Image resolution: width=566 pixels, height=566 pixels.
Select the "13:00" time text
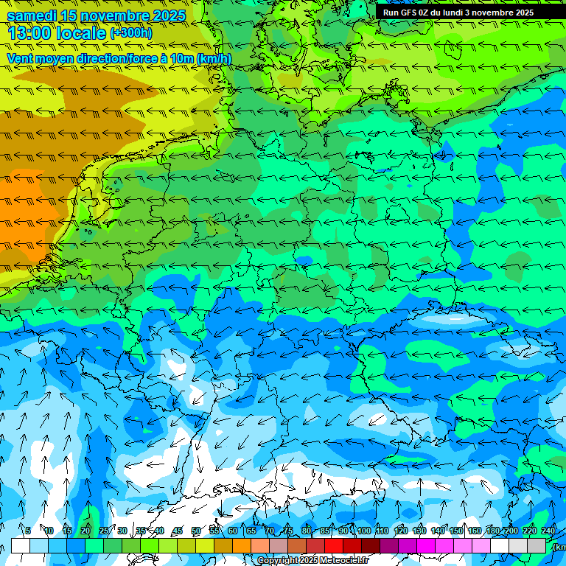[x=30, y=33]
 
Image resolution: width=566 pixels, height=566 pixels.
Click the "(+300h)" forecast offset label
[x=131, y=33]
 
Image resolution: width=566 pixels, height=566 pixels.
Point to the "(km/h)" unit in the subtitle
[x=214, y=59]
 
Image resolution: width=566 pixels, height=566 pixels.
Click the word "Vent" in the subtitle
[x=21, y=59]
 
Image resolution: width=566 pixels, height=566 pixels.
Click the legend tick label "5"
[x=28, y=531]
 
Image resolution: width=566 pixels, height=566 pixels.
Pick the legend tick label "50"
[x=196, y=531]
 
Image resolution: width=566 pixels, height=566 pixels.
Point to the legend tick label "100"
[x=364, y=531]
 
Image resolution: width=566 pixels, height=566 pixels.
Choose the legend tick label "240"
[x=548, y=531]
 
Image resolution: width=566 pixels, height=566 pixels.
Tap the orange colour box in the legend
[x=242, y=545]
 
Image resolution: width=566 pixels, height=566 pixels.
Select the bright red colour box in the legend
[x=334, y=545]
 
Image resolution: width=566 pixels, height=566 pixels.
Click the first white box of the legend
[x=21, y=545]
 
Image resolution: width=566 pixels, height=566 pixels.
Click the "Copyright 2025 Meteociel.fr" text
[x=312, y=561]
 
